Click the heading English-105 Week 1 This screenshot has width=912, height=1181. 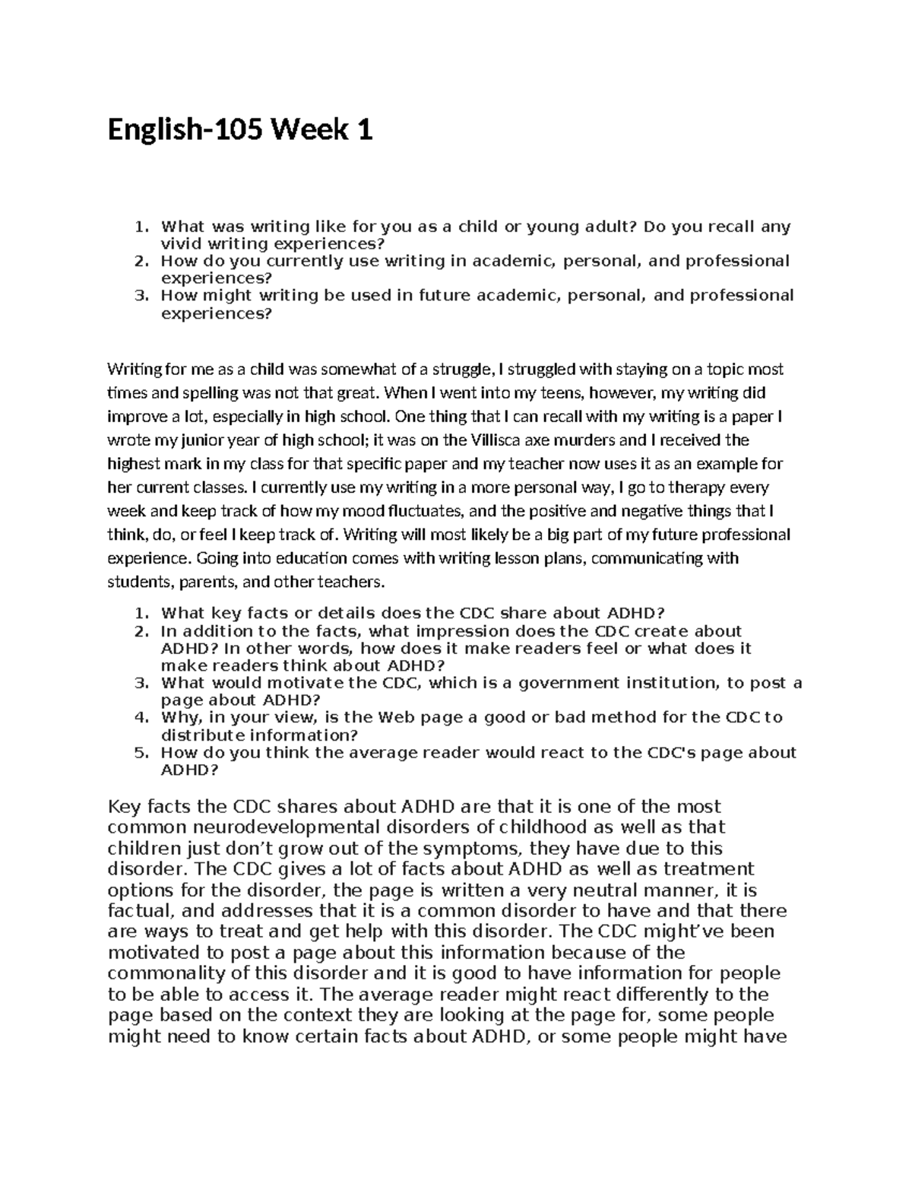[240, 132]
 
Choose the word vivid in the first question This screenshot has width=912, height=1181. [179, 244]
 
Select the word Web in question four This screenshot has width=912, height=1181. [396, 718]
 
